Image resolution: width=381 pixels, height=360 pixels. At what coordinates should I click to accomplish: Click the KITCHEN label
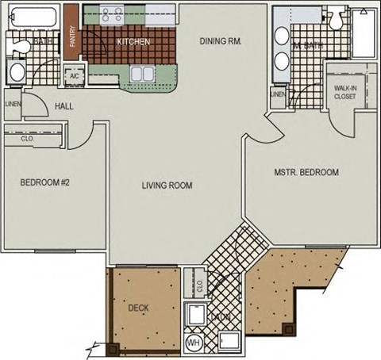(x=133, y=42)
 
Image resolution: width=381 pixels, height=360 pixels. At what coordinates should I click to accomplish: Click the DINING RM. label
(x=220, y=40)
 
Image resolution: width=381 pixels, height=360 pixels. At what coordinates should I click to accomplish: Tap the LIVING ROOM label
(x=167, y=186)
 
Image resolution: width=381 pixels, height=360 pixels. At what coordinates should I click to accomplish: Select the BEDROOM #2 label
(x=45, y=182)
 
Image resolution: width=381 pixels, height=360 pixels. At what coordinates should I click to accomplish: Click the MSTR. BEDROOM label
(x=306, y=172)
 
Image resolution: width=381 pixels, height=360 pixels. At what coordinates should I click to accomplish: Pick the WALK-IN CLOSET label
(x=345, y=92)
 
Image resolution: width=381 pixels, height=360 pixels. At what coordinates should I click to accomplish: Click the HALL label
(x=64, y=108)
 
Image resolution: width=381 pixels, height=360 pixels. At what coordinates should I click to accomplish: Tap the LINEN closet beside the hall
(x=13, y=104)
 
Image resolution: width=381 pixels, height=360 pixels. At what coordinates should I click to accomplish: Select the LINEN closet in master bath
(x=278, y=95)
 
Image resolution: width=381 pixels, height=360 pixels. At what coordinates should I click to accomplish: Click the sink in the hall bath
(x=15, y=73)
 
